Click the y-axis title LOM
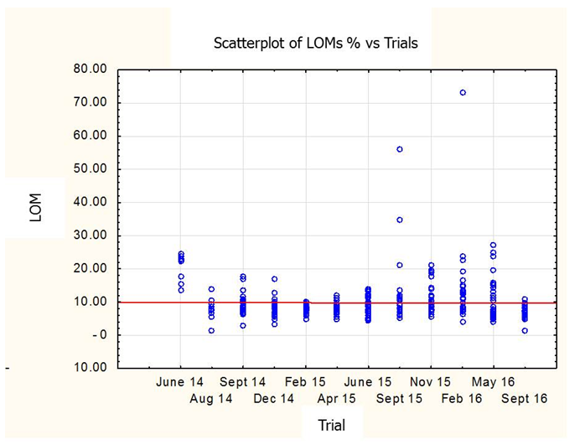pos(35,208)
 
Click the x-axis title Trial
pos(331,425)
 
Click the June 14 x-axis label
pos(180,381)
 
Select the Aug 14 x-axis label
pos(211,399)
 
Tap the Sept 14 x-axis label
pos(242,381)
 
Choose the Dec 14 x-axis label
pos(274,399)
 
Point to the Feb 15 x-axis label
pos(305,381)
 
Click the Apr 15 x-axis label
pos(336,399)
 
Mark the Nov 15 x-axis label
pos(431,381)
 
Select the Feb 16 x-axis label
pos(462,399)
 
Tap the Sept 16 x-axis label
pos(524,399)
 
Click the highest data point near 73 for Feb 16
pos(463,92)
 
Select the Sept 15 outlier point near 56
pos(400,149)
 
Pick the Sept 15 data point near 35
pos(400,220)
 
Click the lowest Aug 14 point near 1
pos(211,330)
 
